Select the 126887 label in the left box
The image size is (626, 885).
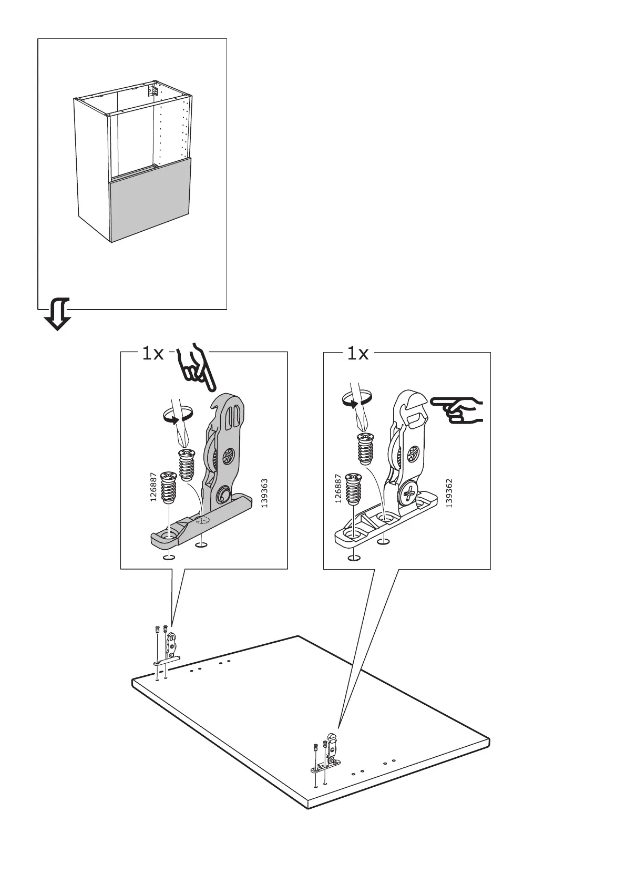tap(153, 487)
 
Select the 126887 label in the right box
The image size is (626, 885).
tap(338, 487)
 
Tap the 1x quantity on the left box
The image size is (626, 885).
tap(152, 354)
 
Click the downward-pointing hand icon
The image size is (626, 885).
tap(194, 368)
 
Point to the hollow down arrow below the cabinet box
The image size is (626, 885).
tap(57, 314)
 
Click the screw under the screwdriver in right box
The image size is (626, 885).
tap(365, 448)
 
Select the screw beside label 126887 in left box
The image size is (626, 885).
tap(169, 487)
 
